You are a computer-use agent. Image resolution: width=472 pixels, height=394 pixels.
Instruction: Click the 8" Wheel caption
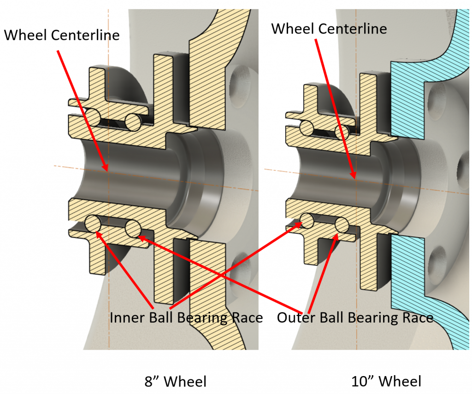(176, 382)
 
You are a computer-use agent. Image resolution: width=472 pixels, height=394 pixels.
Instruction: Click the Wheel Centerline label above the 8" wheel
(62, 35)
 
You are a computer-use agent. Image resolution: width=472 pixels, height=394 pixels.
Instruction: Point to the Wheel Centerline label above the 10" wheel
(329, 29)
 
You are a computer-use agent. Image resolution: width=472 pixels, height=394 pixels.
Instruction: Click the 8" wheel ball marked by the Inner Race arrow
(94, 224)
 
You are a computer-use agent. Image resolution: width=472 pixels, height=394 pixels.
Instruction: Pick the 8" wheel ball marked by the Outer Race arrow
(133, 228)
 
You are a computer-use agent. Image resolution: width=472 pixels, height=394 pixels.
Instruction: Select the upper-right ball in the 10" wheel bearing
(343, 133)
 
